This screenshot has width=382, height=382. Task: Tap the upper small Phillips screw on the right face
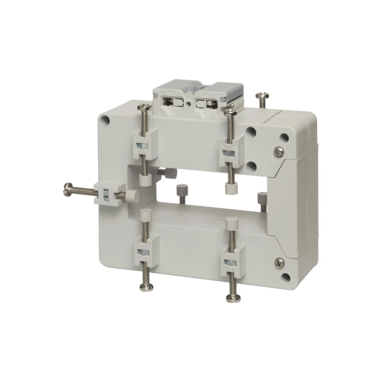point(278,152)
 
